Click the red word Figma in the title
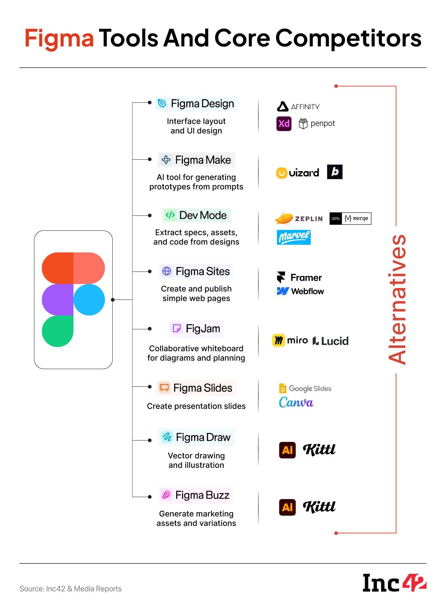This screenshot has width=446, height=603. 59,38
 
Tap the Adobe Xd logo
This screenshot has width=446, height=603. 284,124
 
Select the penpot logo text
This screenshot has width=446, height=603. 322,124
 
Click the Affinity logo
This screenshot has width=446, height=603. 298,107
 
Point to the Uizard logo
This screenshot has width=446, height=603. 297,173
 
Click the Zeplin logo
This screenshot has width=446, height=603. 299,218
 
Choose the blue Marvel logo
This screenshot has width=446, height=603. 294,237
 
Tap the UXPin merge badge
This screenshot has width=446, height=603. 350,218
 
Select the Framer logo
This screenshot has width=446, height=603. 299,278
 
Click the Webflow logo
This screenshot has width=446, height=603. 300,291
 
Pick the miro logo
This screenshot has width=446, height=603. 290,341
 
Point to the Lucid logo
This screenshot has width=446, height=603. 330,341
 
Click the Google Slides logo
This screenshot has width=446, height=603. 305,388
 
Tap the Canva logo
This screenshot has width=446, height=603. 296,402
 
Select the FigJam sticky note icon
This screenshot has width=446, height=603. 176,328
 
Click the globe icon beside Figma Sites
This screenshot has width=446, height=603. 167,271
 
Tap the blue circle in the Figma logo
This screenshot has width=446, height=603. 89,300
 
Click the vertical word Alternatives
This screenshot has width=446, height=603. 397,299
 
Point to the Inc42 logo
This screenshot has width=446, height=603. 394,583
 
